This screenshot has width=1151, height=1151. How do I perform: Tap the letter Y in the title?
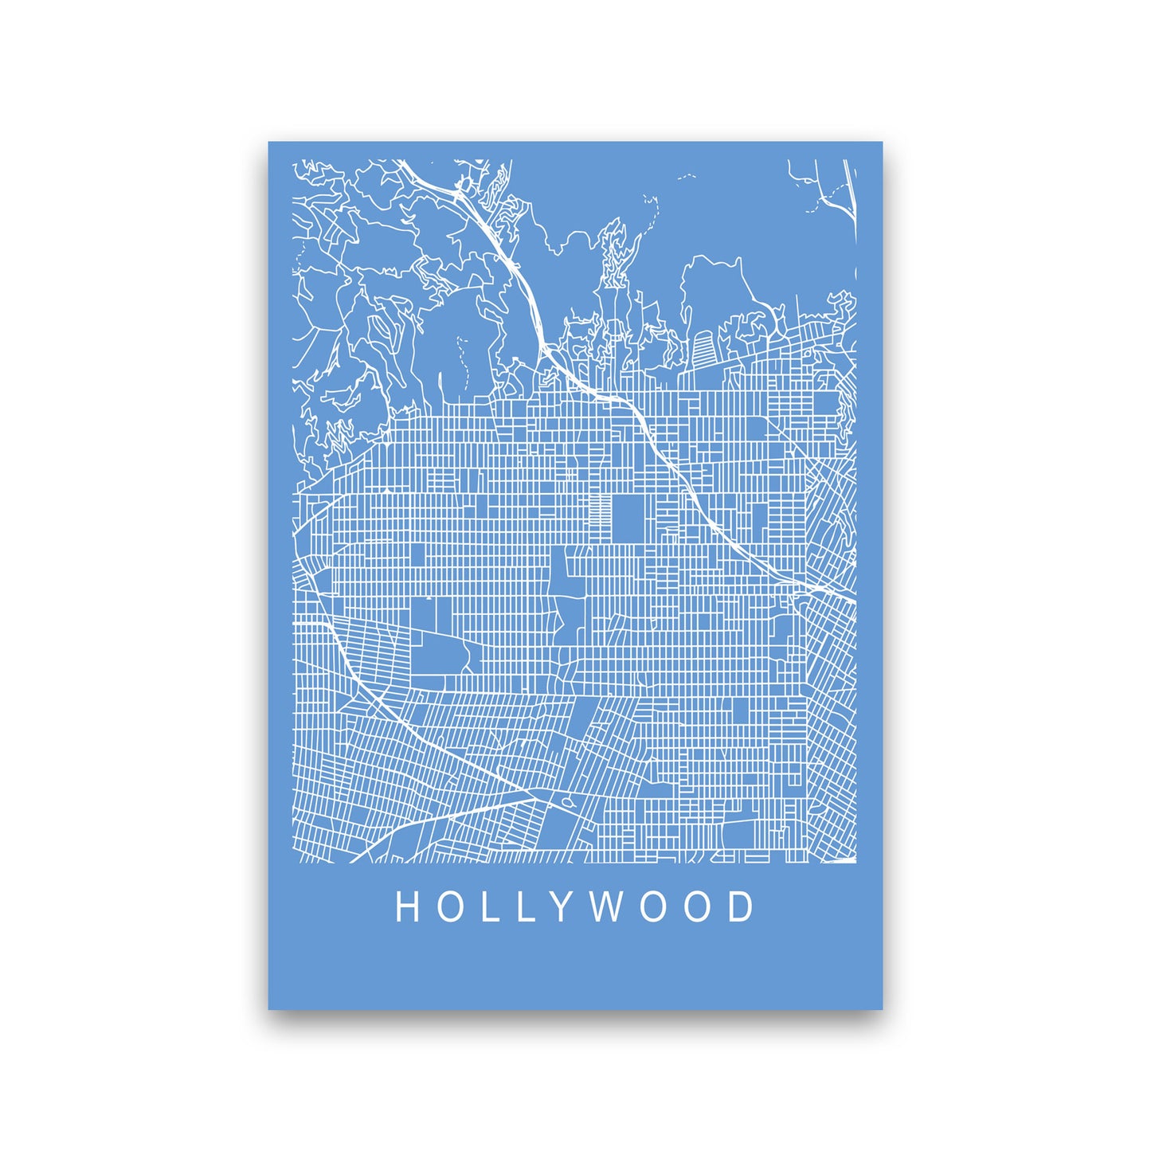pyautogui.click(x=562, y=907)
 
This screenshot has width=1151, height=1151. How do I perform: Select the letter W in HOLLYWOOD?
pyautogui.click(x=607, y=907)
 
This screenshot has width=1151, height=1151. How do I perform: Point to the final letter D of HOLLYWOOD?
pyautogui.click(x=742, y=907)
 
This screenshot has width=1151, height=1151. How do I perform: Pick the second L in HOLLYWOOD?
pyautogui.click(x=525, y=907)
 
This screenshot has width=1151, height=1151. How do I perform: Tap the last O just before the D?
pyautogui.click(x=699, y=907)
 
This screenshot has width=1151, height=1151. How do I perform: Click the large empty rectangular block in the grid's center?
pyautogui.click(x=626, y=518)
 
